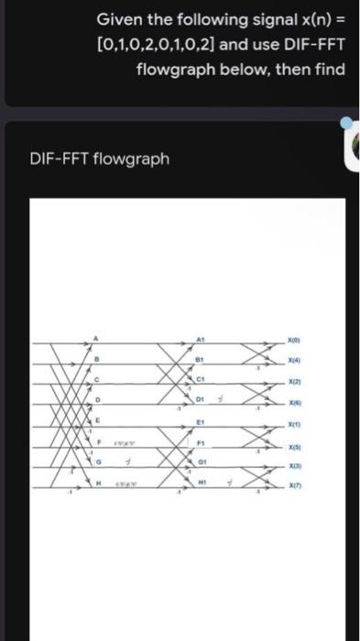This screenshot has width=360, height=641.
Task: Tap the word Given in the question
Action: tap(120, 19)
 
